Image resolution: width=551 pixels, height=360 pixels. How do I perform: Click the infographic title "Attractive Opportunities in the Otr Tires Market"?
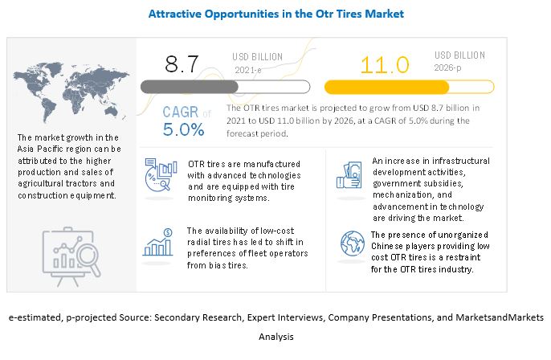[275, 14]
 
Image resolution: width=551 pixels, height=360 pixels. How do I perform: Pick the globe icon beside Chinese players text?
[351, 243]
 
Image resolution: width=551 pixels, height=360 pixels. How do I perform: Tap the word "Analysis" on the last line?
[275, 337]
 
